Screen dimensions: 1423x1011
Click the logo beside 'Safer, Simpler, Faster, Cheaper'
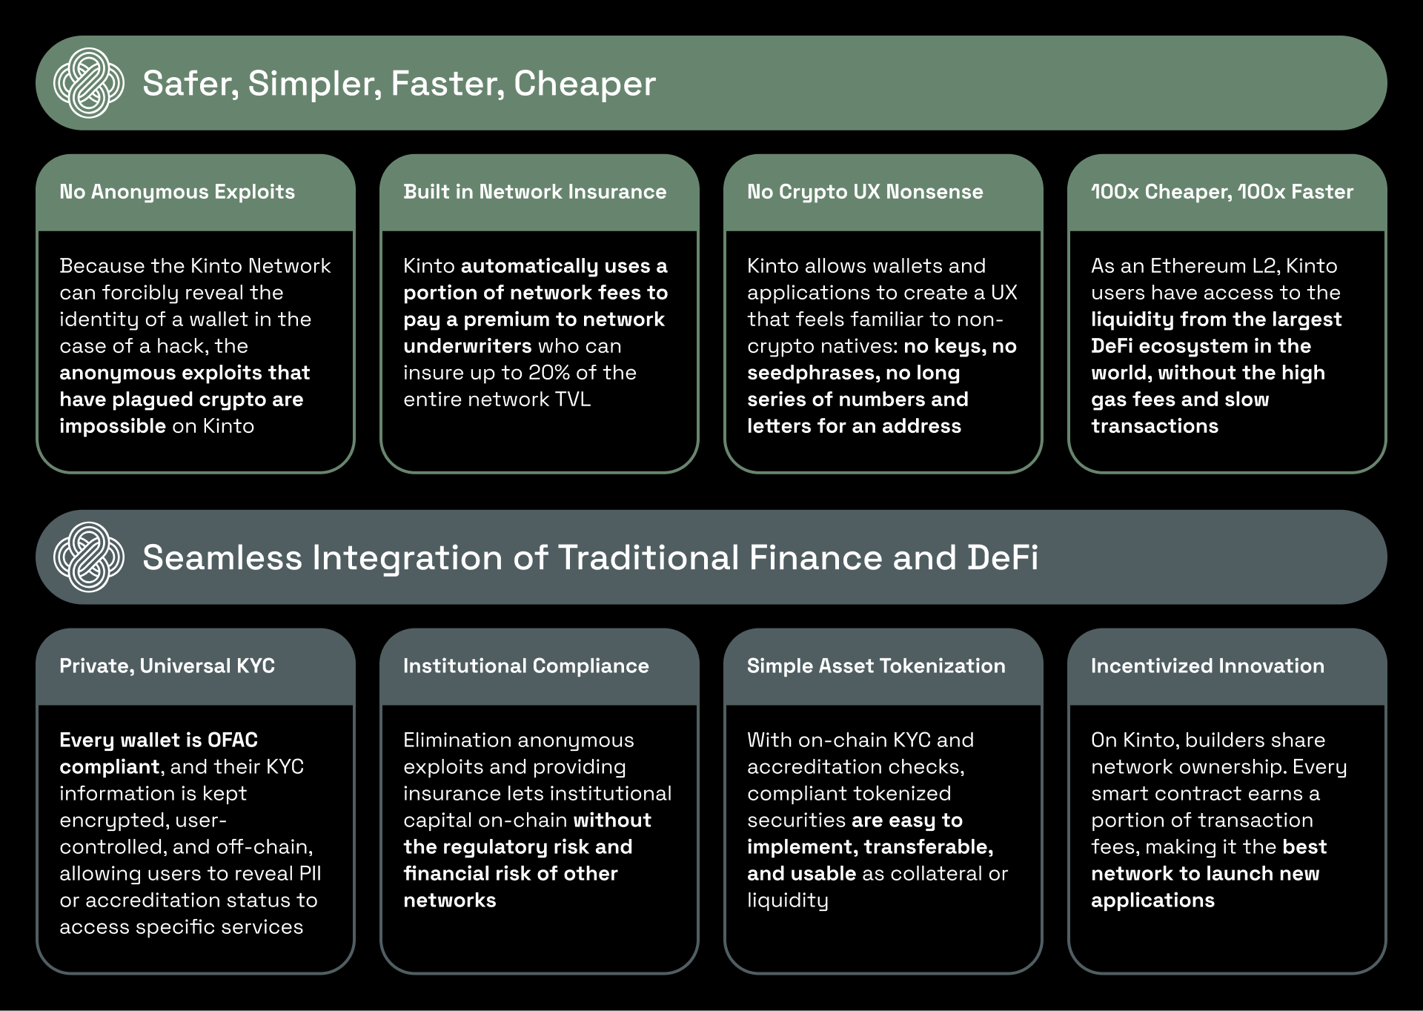pos(89,83)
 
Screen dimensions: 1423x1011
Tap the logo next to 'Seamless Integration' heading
pos(89,557)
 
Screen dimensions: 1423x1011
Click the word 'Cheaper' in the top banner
pos(585,84)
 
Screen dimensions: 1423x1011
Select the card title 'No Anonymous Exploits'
pos(177,192)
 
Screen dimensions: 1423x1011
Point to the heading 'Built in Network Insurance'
pos(535,192)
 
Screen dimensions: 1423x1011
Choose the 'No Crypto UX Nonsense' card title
pos(865,192)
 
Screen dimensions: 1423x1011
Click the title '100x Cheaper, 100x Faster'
pos(1222,192)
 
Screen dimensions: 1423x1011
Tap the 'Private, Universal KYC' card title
pos(167,666)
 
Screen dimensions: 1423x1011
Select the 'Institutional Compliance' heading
pos(526,666)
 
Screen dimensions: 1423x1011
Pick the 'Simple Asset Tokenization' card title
pos(876,666)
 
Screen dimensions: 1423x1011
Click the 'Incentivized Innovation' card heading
pos(1207,666)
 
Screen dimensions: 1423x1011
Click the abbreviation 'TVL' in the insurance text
pos(573,399)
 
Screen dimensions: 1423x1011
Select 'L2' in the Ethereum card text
pos(1258,265)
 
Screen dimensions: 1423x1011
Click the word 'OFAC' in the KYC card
pos(233,740)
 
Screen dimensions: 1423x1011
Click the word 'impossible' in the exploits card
pos(113,426)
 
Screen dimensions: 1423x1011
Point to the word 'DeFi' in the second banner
pos(1003,558)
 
